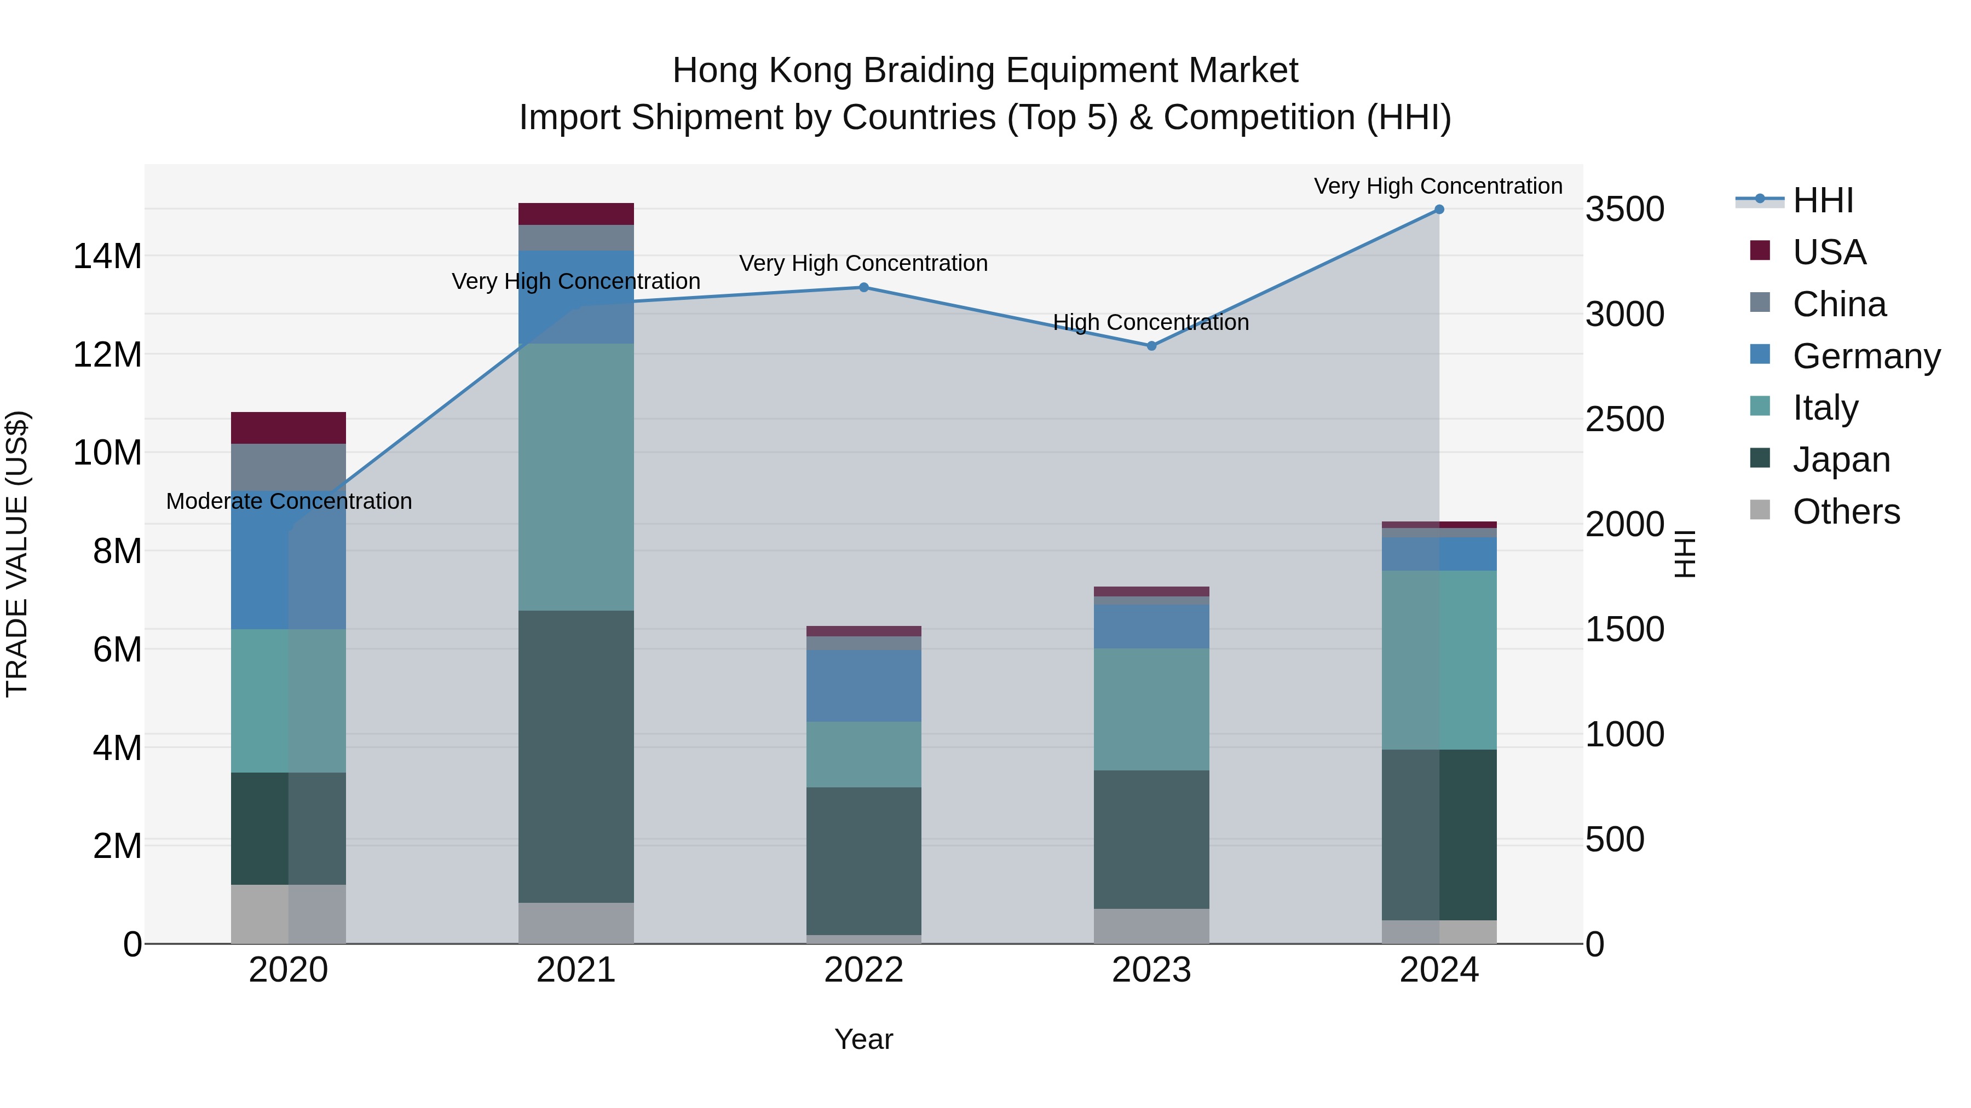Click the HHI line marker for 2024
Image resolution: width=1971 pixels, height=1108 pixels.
click(x=1438, y=210)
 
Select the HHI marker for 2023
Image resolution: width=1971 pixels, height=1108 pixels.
click(x=1151, y=346)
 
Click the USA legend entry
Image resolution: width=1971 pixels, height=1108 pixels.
click(x=1829, y=252)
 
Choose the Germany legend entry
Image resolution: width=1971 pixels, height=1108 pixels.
click(x=1865, y=356)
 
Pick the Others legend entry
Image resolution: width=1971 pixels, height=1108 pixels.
click(x=1846, y=512)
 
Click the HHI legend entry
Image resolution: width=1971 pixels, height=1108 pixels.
click(x=1823, y=200)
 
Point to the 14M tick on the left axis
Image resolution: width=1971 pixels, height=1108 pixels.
click(x=107, y=256)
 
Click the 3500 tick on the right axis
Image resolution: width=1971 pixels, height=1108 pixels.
click(x=1624, y=210)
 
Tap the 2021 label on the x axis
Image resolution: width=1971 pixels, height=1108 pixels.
click(x=575, y=970)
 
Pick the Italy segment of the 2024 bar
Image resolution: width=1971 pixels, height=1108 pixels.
click(x=1438, y=659)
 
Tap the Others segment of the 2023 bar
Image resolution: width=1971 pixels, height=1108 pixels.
click(x=1151, y=925)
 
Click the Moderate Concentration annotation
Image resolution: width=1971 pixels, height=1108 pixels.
click(x=289, y=502)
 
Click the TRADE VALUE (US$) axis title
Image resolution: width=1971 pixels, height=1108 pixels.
click(x=17, y=554)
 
